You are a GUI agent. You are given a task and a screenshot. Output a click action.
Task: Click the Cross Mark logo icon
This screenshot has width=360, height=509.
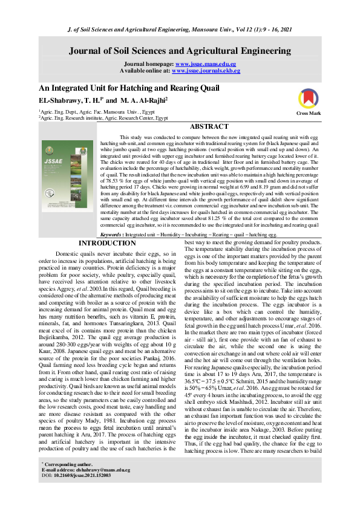click(x=312, y=98)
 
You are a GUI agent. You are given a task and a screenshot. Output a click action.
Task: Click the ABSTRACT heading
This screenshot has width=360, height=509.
click(x=209, y=127)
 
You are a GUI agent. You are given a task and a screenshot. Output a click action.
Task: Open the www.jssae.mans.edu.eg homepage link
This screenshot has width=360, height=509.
click(x=205, y=63)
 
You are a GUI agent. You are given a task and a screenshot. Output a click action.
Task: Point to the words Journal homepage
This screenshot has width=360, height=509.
click(x=148, y=63)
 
